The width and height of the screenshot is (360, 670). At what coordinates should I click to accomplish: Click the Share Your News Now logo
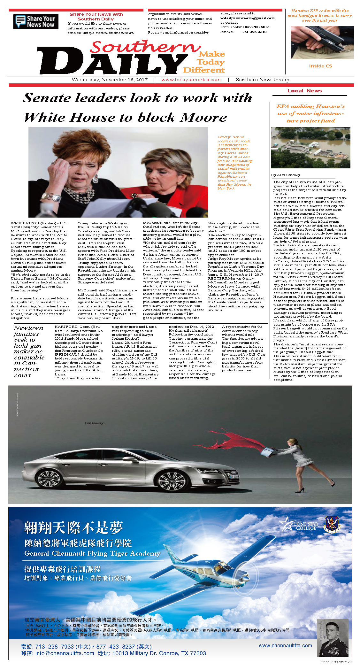[35, 21]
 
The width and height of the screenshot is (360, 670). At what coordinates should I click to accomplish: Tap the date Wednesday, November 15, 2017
[109, 80]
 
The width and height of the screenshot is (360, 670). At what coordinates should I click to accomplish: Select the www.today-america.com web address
[191, 80]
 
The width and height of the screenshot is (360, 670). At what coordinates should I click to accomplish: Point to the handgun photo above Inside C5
[322, 42]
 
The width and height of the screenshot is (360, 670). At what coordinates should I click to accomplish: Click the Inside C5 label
[320, 66]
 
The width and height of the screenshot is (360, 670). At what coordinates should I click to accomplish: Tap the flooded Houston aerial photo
[310, 148]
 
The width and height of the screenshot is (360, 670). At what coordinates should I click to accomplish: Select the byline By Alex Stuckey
[286, 175]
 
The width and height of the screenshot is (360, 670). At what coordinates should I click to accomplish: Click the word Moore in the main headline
[203, 118]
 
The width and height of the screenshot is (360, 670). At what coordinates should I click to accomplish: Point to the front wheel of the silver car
[171, 481]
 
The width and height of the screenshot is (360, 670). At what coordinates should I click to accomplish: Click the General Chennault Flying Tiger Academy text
[92, 553]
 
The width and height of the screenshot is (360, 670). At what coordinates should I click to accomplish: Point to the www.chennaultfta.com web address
[285, 645]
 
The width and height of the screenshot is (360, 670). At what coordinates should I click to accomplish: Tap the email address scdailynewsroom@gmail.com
[247, 18]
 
